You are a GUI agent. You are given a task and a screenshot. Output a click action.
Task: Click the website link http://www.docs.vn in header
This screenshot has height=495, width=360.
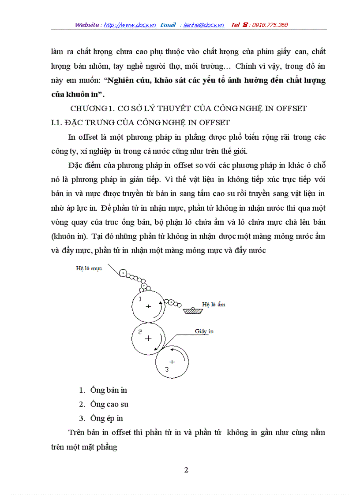[x=130, y=25]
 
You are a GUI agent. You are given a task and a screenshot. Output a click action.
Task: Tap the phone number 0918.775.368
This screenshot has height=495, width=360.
[x=270, y=25]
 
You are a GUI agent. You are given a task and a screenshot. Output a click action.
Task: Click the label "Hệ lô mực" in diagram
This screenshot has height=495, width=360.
[x=89, y=268]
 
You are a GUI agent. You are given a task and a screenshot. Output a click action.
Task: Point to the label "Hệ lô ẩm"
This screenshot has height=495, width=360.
[x=214, y=304]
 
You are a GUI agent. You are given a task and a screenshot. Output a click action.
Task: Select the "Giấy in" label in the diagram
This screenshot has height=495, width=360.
[x=204, y=331]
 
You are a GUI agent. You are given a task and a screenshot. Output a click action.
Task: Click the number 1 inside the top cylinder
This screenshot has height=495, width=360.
[x=140, y=299]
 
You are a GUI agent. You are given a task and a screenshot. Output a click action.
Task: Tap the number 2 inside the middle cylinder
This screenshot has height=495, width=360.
[x=140, y=332]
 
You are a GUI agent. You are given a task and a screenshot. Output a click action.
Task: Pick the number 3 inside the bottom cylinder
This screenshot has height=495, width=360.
[x=166, y=369]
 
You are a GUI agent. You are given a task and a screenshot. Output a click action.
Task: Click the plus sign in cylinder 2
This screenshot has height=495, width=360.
[x=148, y=338]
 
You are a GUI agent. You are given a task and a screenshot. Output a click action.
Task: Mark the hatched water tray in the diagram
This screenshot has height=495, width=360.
[x=193, y=311]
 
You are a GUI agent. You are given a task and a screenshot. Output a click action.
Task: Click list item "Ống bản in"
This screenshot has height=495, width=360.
[x=109, y=390]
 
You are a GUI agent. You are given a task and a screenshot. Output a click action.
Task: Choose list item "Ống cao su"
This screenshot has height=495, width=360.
[x=109, y=404]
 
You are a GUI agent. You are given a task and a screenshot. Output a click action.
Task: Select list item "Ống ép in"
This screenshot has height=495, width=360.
[x=107, y=418]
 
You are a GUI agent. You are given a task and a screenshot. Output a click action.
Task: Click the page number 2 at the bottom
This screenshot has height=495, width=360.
[x=186, y=470]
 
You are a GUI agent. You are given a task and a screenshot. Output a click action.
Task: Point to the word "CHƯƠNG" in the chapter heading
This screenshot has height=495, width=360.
[x=86, y=108]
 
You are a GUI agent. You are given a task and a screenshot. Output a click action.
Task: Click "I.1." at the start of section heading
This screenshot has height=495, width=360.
[x=57, y=123]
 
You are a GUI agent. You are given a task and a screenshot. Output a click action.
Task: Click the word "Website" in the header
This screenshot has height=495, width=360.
[x=87, y=25]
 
